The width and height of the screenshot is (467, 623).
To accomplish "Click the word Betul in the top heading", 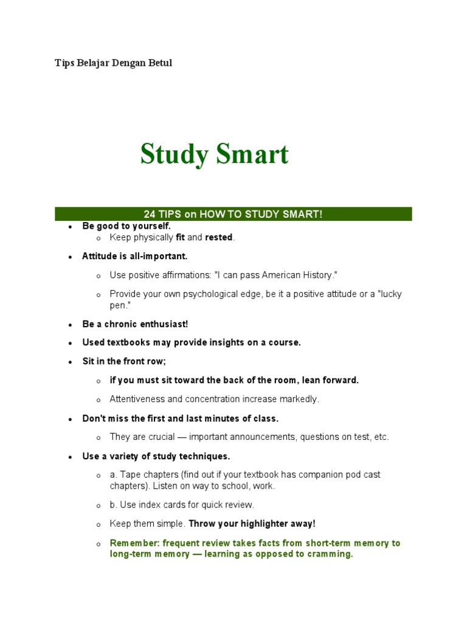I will coord(159,63).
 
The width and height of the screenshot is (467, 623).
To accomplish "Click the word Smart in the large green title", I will coord(251,155).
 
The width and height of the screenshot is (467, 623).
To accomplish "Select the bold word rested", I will coord(219,237).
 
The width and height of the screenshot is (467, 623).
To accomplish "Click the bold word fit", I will coord(181,237).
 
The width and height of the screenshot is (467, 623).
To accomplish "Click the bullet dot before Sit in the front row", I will coord(71,362).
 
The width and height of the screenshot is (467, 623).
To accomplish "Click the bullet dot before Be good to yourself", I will coord(71,226).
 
